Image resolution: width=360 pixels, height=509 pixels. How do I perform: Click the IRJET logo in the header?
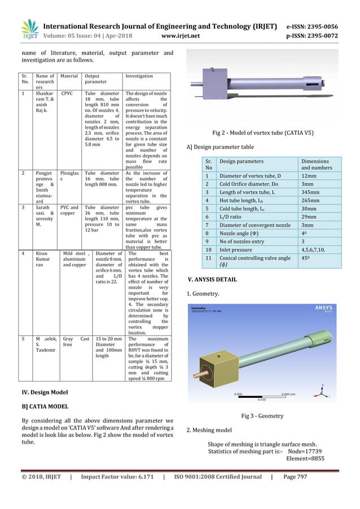[x=29, y=31]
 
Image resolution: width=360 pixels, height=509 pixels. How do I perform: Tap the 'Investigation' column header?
[x=139, y=76]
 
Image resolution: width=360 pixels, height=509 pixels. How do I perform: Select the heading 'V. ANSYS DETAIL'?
[x=212, y=279]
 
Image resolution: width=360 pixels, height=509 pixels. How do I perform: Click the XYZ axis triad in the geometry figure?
[x=321, y=389]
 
